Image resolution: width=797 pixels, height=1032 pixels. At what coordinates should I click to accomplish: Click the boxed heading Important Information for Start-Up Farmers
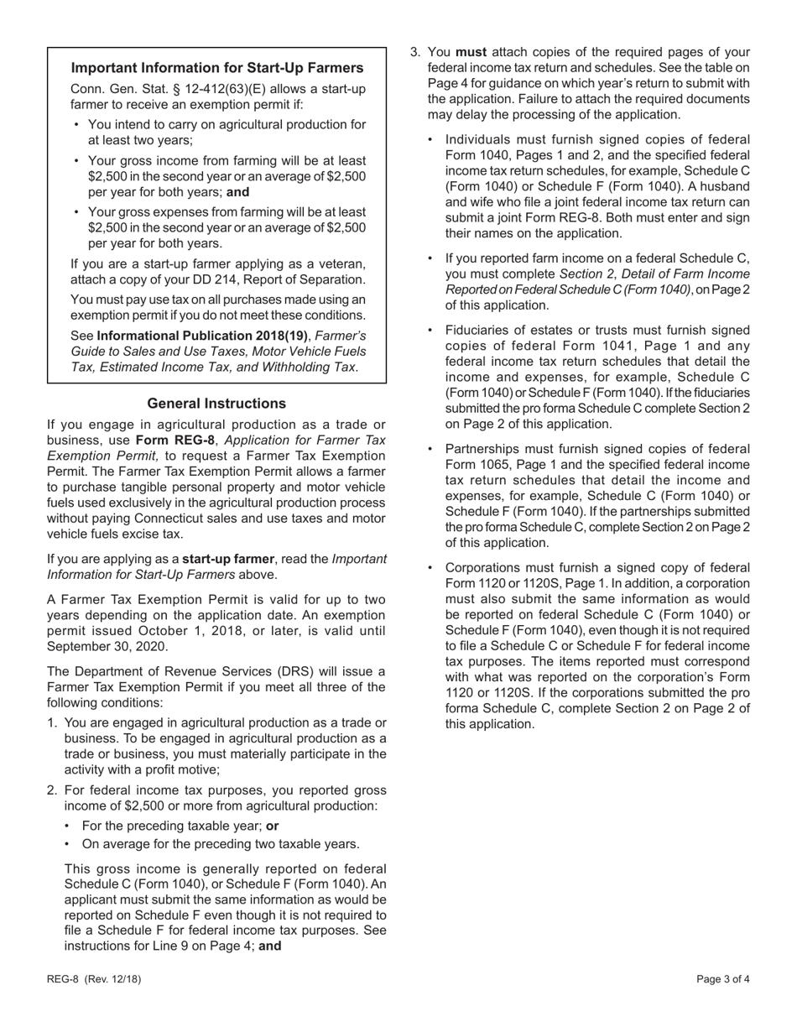coord(217,68)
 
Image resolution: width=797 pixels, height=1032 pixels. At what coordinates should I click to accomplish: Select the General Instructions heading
coord(216,404)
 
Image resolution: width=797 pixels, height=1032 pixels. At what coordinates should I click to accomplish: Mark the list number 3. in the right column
coord(415,52)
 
